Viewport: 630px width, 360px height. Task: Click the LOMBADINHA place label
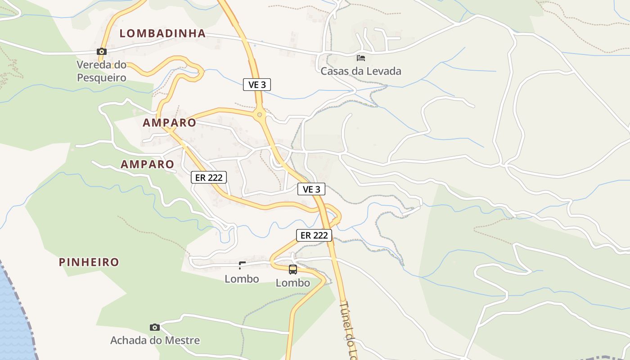(162, 33)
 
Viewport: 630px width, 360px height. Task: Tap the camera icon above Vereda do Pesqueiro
(102, 52)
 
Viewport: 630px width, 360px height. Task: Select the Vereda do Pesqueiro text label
(101, 72)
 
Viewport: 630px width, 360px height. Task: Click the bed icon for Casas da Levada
(361, 58)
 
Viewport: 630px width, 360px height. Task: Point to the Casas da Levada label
(360, 71)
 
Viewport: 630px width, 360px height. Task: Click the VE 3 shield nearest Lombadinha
(257, 84)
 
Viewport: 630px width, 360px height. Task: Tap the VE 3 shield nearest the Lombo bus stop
(311, 189)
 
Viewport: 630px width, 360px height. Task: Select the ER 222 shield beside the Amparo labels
(209, 177)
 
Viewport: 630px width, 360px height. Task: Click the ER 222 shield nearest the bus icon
(314, 235)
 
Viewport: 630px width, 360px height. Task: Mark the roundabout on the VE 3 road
(259, 115)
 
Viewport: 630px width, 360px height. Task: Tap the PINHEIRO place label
(89, 262)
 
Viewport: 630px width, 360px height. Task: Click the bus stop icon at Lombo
(293, 270)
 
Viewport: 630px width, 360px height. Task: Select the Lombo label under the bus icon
(293, 283)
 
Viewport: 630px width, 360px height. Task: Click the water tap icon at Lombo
(242, 265)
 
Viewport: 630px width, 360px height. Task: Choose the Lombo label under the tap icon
(242, 279)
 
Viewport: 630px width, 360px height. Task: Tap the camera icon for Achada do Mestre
(155, 327)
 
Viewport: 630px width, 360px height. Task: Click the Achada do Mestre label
(155, 340)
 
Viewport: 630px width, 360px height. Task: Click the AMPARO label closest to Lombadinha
(170, 123)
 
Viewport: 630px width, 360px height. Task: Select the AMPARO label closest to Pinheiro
(147, 165)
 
